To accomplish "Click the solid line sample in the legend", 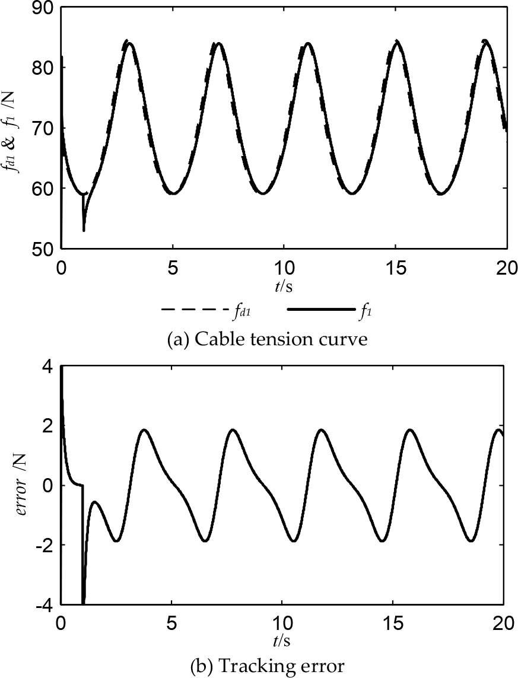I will tap(320, 310).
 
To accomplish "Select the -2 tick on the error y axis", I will tap(46, 545).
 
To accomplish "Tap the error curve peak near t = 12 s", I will tap(321, 429).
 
